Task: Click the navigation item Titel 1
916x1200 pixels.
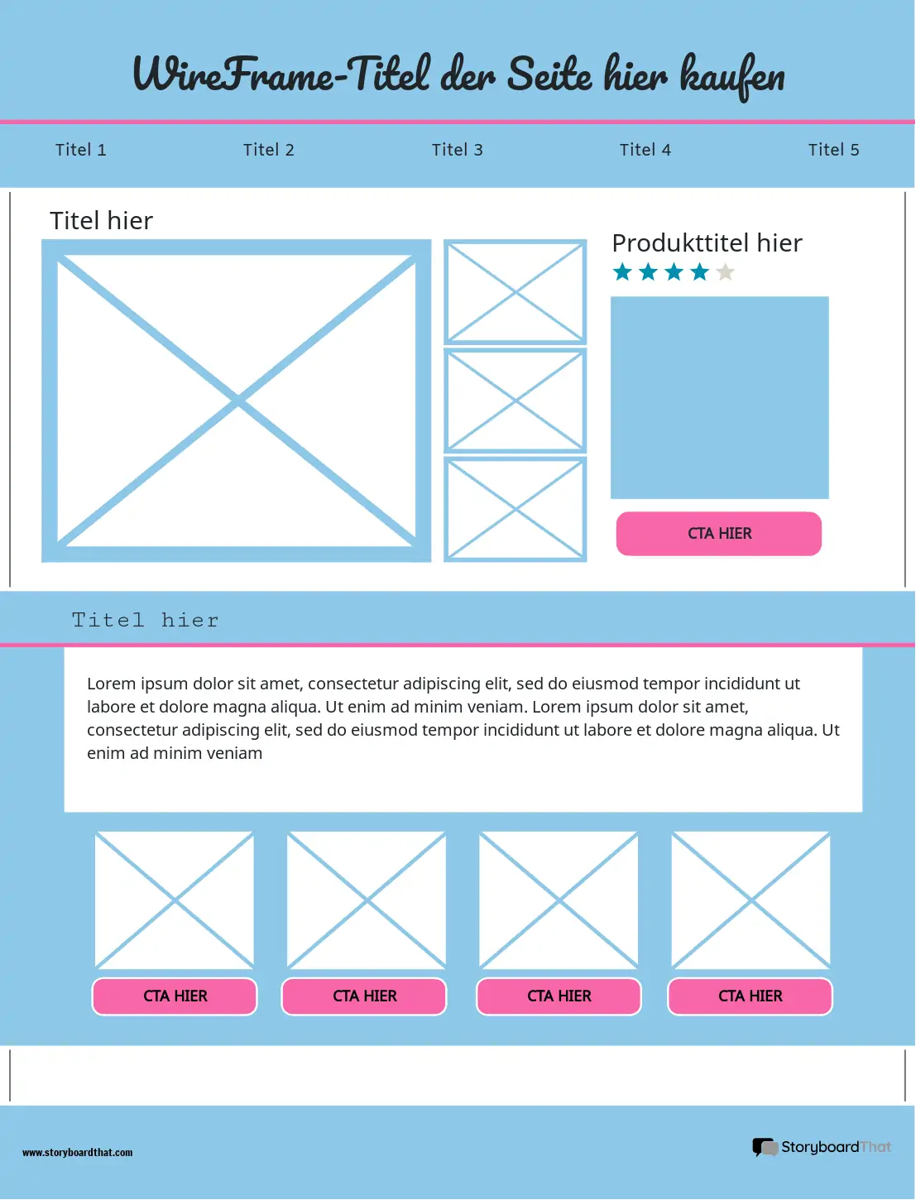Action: tap(80, 150)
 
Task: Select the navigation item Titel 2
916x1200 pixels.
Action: tap(268, 150)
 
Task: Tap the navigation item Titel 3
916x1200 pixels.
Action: tap(457, 150)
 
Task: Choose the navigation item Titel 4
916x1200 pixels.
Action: tap(645, 150)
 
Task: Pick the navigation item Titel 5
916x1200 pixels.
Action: tap(833, 150)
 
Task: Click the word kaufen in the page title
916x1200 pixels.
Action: tap(731, 75)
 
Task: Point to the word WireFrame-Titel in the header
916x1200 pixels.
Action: tap(281, 75)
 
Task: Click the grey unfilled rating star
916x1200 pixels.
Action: tap(726, 272)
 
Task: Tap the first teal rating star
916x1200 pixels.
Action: tap(622, 272)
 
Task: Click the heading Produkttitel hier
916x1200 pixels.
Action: tap(707, 243)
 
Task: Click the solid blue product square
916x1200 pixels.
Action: tap(719, 397)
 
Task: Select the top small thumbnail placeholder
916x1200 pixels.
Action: tap(515, 292)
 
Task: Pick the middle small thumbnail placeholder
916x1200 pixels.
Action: tap(515, 401)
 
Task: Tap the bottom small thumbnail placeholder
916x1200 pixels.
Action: tap(515, 509)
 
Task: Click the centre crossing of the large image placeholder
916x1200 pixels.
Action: tap(237, 401)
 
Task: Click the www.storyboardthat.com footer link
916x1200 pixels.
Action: tap(77, 1152)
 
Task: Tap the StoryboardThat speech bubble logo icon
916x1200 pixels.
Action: tap(764, 1147)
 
